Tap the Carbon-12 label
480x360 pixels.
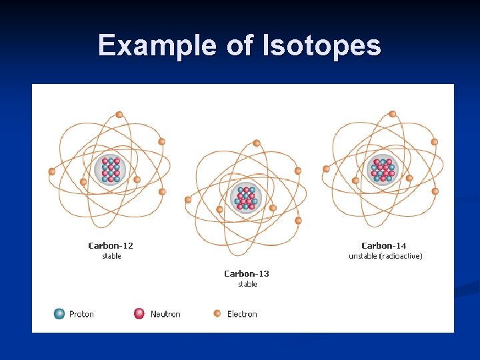(x=111, y=246)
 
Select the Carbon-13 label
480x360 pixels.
(x=247, y=273)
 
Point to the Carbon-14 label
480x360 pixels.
(x=384, y=246)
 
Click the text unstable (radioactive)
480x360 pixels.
(x=385, y=256)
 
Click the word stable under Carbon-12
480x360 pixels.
(x=111, y=256)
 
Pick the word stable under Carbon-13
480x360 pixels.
(x=247, y=284)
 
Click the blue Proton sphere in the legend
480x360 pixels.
(x=59, y=313)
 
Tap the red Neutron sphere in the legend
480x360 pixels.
(x=139, y=313)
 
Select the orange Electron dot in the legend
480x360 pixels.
(x=217, y=313)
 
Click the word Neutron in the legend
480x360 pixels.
(x=165, y=314)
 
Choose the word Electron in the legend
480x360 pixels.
(x=242, y=314)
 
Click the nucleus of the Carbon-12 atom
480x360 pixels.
(x=110, y=170)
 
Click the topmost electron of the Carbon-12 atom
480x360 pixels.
(x=119, y=115)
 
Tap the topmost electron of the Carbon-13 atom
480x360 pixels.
(x=257, y=143)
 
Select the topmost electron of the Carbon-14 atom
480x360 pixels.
(x=393, y=114)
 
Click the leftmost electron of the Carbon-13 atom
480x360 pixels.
(x=188, y=199)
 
